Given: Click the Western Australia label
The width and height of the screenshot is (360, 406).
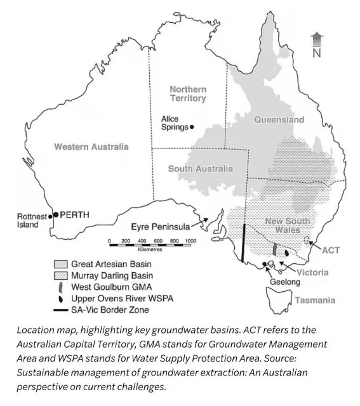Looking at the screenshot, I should [91, 147].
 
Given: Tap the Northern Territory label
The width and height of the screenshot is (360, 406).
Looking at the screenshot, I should [188, 94].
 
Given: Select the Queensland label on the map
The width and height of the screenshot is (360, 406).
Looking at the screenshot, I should [279, 119].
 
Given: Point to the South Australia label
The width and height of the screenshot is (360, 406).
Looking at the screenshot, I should [200, 169].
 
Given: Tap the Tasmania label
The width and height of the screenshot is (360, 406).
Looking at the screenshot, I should [315, 300].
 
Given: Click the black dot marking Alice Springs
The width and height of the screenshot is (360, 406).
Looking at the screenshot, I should [192, 127].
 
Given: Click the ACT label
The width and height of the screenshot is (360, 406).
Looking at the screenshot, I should [331, 250].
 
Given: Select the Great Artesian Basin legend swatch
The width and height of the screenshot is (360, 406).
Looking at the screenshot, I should [61, 264].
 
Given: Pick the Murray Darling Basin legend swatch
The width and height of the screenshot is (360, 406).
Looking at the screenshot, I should [61, 275].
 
